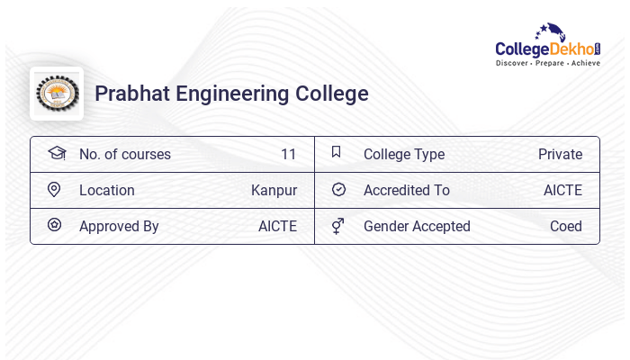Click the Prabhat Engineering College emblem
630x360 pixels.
[x=57, y=93]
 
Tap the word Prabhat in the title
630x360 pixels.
[x=132, y=94]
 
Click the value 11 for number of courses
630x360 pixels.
[x=288, y=154]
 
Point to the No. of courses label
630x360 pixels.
[x=124, y=154]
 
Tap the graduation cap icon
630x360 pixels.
[x=56, y=153]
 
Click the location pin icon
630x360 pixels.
[x=54, y=190]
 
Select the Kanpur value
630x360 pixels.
[x=274, y=190]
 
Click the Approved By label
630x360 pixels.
[x=119, y=226]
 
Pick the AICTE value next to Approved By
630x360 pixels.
[x=277, y=226]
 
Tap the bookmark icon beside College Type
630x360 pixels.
[x=337, y=152]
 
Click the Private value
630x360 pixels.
[x=560, y=154]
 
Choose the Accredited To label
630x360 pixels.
[x=406, y=190]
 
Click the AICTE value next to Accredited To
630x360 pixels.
[x=562, y=190]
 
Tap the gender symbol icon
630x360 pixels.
[x=338, y=226]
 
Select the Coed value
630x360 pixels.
[x=566, y=226]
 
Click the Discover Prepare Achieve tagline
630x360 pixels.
[x=547, y=63]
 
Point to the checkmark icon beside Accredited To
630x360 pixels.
[x=338, y=190]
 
